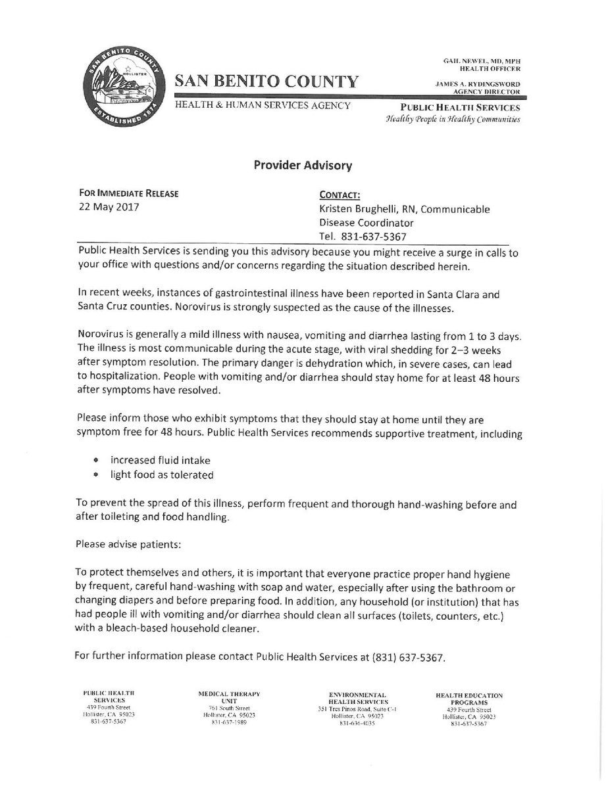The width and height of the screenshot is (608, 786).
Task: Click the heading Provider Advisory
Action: tap(303, 166)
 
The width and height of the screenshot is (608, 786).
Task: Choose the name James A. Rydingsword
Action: tap(478, 84)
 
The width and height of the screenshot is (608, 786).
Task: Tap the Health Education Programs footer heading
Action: tap(469, 698)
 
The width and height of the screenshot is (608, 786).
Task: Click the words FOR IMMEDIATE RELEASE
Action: tap(127, 194)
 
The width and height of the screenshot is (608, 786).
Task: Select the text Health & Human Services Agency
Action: tap(262, 105)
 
